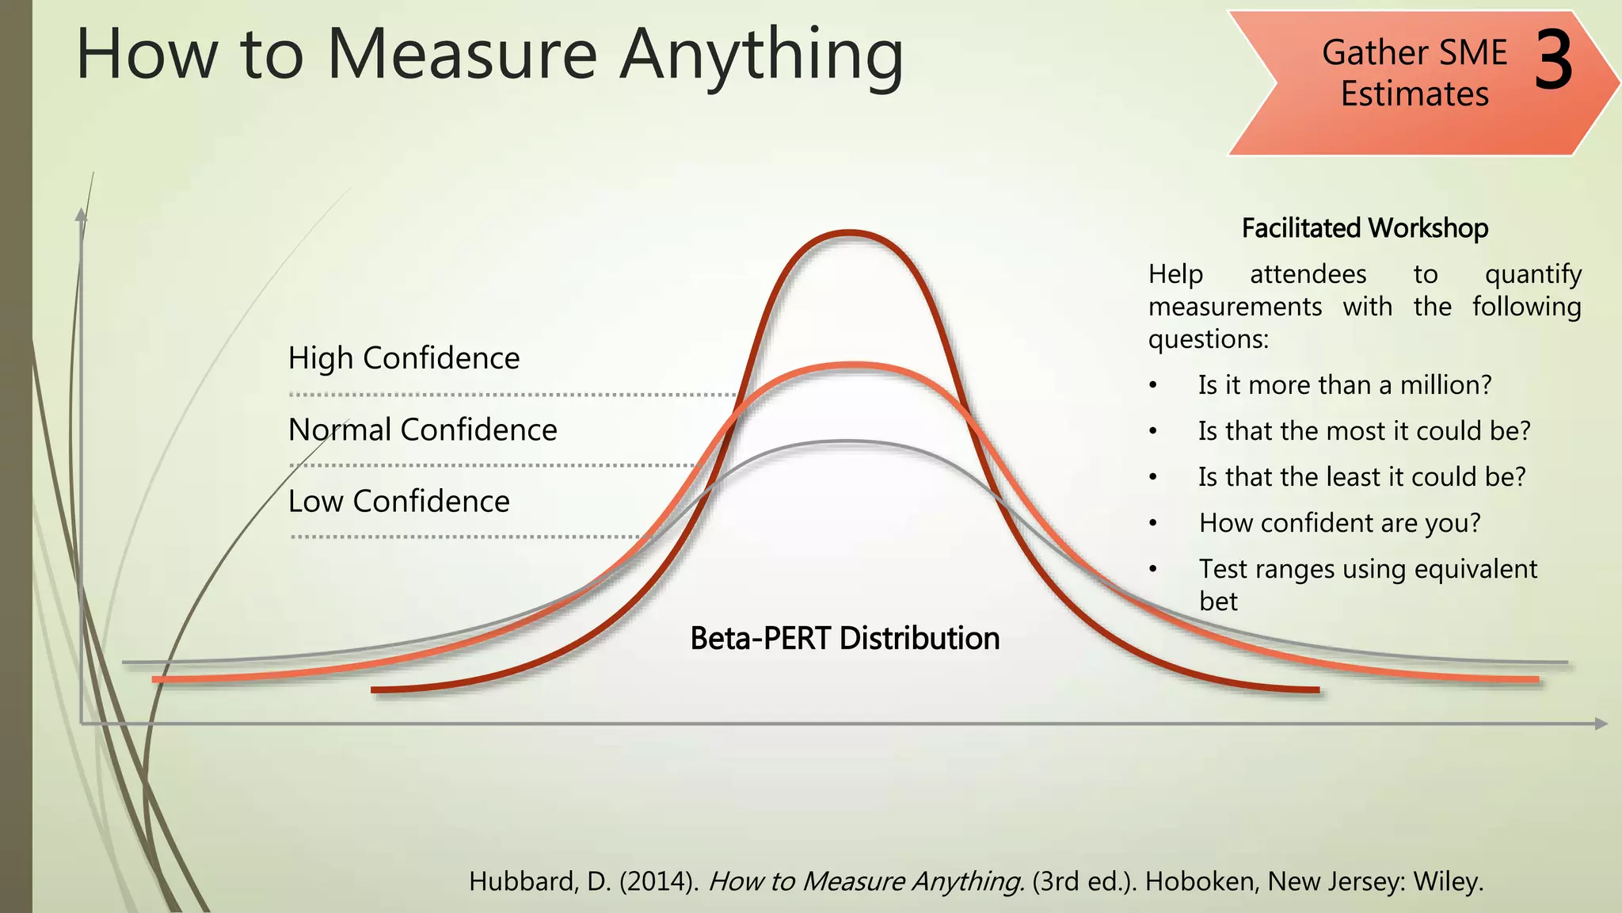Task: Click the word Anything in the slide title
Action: pos(761,55)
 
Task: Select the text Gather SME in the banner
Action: pos(1414,53)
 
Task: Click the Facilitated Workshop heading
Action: pos(1365,228)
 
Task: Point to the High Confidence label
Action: pos(404,358)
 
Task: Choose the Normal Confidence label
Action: pos(422,430)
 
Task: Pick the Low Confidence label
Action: pos(398,501)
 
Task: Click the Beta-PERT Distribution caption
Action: pos(844,638)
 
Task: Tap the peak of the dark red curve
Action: pos(849,233)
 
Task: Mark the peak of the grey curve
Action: pos(846,441)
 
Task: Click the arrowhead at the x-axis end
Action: pos(1601,724)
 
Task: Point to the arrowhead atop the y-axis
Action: pos(81,214)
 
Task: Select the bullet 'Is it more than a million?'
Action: pos(1344,385)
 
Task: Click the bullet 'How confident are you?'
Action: pos(1339,523)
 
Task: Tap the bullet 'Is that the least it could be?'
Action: pos(1361,477)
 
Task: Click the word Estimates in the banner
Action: pos(1414,94)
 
